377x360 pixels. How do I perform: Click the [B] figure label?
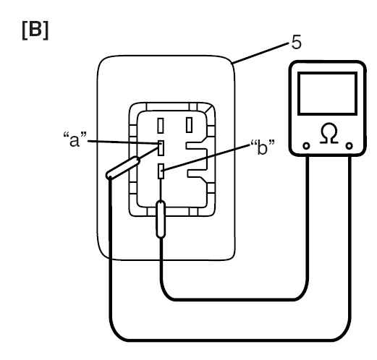click(x=35, y=30)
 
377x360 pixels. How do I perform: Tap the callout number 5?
click(x=297, y=42)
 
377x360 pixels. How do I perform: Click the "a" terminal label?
click(x=75, y=140)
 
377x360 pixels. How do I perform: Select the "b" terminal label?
click(x=263, y=147)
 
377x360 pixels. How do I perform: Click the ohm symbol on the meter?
click(x=329, y=134)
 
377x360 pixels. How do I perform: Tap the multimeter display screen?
click(x=327, y=93)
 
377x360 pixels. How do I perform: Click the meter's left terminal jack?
click(x=306, y=146)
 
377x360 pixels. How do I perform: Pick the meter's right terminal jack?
click(x=349, y=146)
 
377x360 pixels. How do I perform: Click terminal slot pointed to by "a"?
click(x=161, y=148)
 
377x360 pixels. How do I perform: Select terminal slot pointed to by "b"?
click(x=161, y=171)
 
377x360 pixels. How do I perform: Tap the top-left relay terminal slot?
click(x=161, y=126)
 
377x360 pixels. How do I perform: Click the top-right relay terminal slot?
click(x=190, y=125)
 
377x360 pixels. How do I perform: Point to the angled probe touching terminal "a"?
click(x=123, y=168)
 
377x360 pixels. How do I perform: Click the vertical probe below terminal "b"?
click(x=161, y=219)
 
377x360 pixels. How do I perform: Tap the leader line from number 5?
click(x=260, y=53)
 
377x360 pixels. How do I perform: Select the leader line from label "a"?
click(x=124, y=142)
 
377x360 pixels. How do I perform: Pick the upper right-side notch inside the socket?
click(x=196, y=146)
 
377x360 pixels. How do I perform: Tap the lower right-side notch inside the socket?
click(x=198, y=173)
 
